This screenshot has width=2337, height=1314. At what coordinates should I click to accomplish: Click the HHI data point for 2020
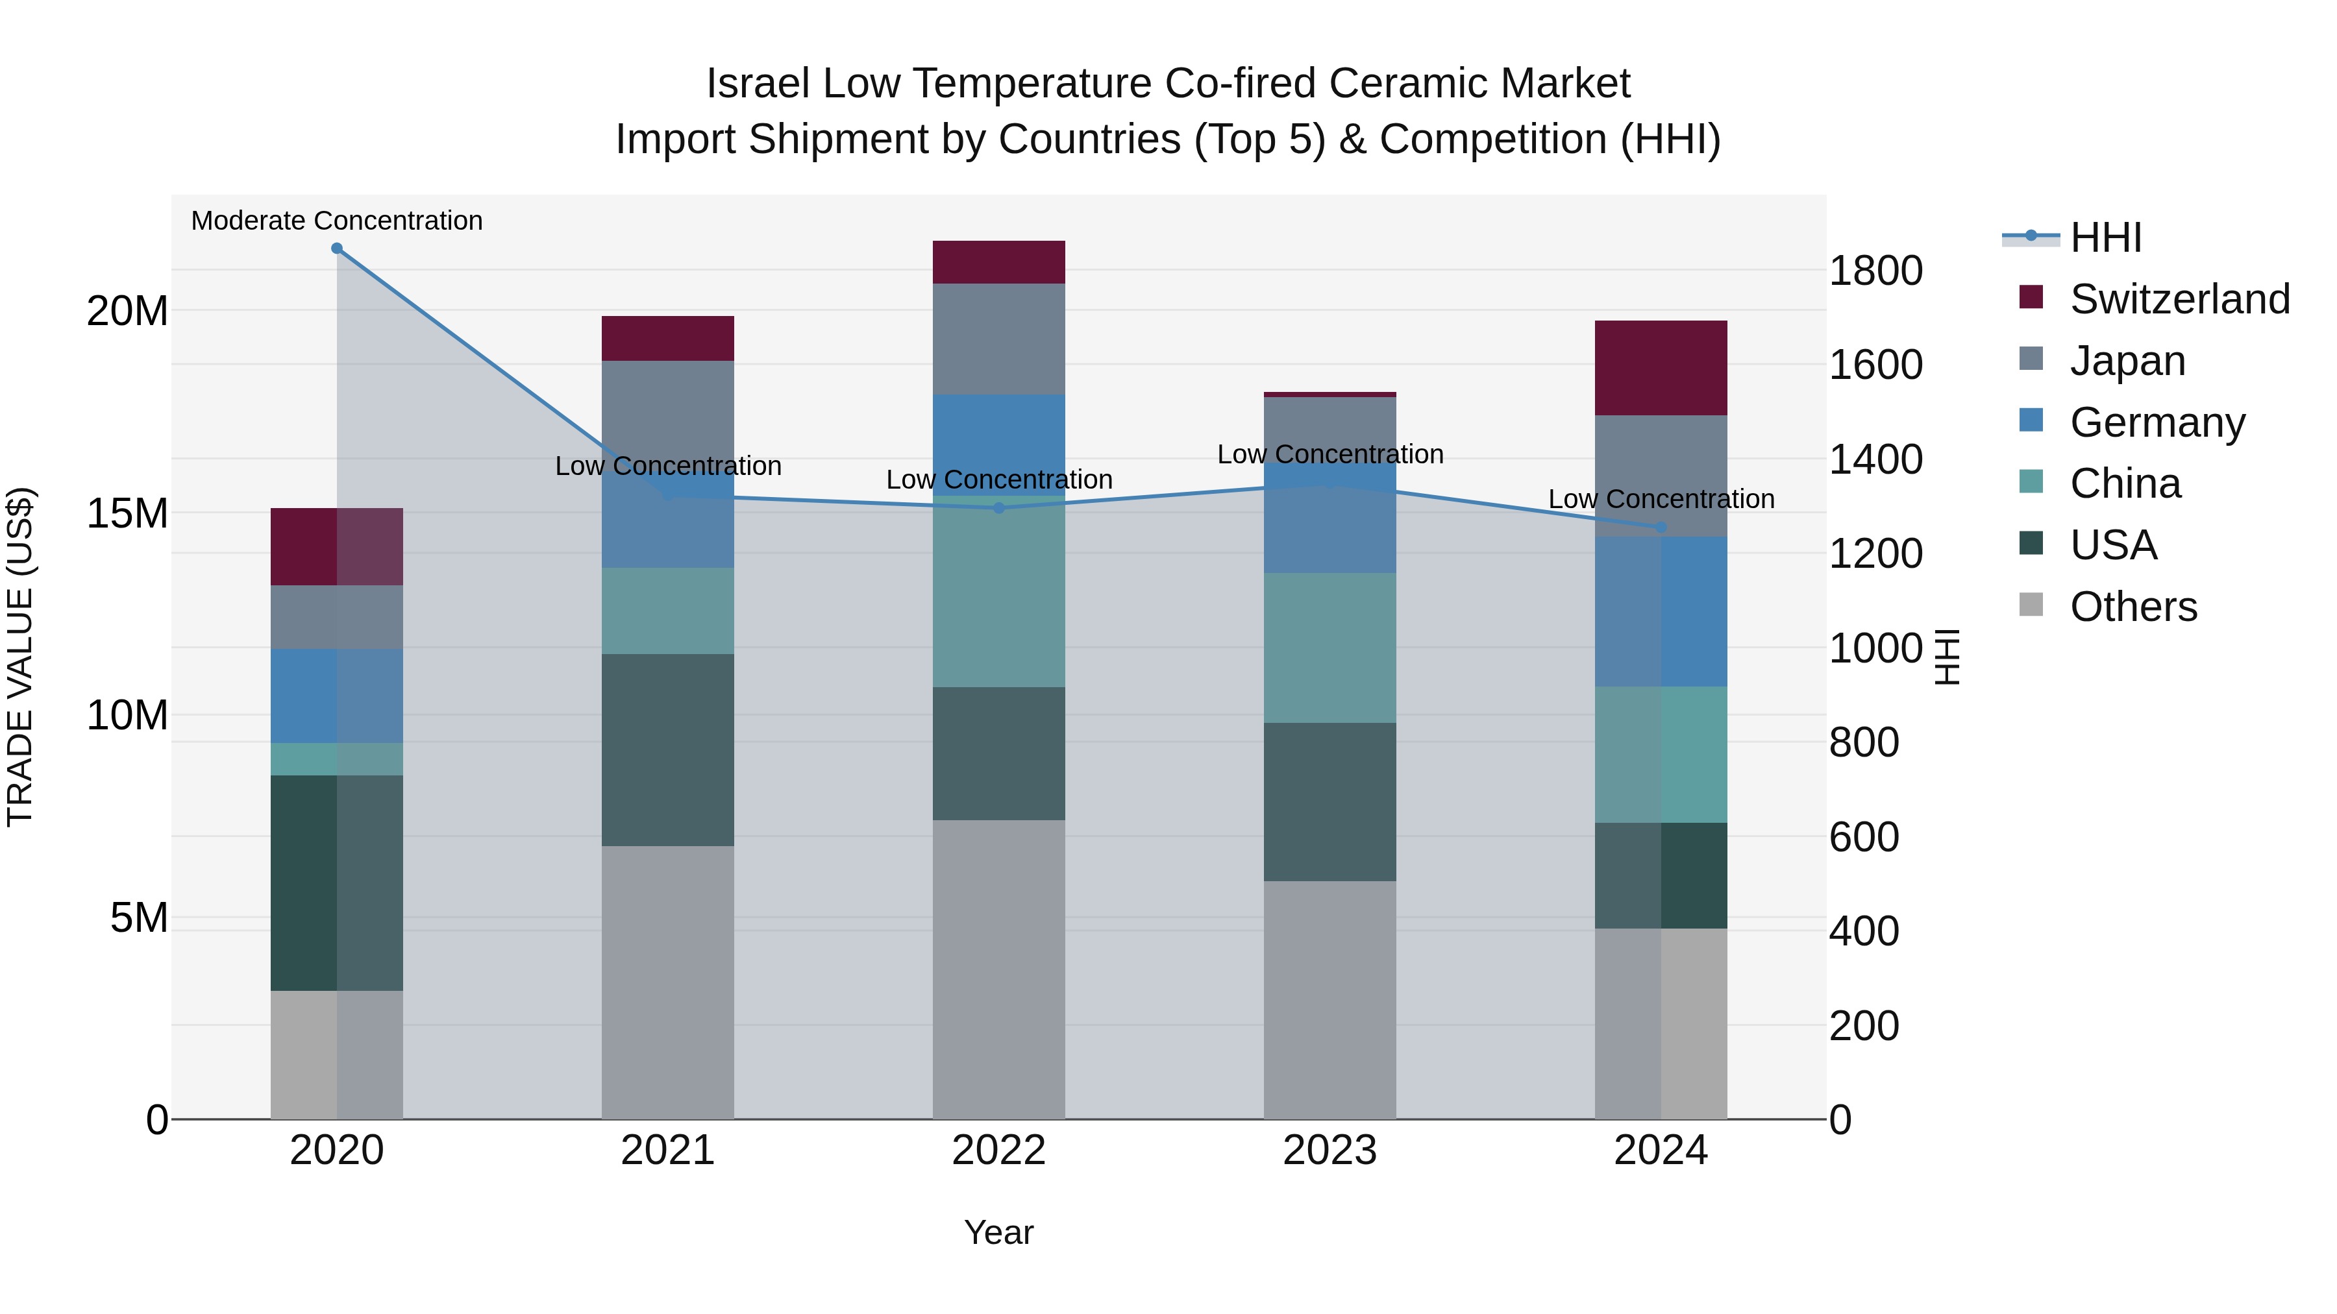[x=336, y=249]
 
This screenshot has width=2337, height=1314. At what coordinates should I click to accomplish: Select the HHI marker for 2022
[x=999, y=508]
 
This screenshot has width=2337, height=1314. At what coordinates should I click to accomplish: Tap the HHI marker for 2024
[x=1661, y=527]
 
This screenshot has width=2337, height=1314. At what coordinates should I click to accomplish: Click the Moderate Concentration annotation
[x=336, y=221]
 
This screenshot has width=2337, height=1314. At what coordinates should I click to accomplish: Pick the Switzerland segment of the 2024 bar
[x=1661, y=368]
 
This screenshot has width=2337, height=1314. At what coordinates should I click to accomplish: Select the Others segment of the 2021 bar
[x=668, y=982]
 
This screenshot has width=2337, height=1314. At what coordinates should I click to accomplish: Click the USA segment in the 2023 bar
[x=1330, y=801]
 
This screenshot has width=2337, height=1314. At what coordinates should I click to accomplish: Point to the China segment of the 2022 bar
[x=999, y=598]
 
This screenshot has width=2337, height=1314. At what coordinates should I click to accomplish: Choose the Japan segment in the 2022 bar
[x=999, y=339]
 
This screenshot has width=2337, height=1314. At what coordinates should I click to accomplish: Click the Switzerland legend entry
[x=2179, y=299]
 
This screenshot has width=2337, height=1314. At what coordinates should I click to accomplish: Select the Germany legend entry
[x=2157, y=422]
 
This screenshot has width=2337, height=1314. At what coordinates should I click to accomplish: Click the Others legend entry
[x=2133, y=607]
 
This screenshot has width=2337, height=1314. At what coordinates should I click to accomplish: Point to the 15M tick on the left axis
[x=127, y=513]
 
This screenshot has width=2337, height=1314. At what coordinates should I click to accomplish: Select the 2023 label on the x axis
[x=1330, y=1150]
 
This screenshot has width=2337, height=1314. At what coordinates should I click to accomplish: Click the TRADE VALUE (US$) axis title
[x=20, y=657]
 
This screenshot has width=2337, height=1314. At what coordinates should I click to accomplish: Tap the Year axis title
[x=999, y=1232]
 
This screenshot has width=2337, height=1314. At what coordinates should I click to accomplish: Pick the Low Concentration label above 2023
[x=1330, y=454]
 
